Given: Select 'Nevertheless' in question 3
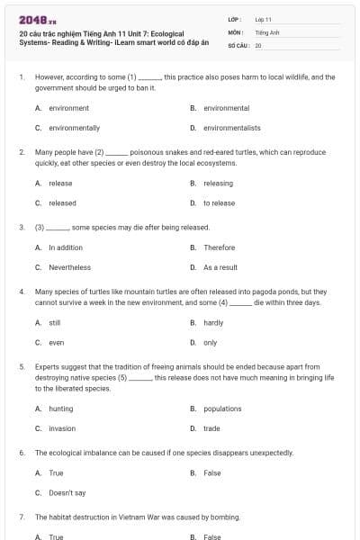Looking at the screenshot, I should [x=69, y=267].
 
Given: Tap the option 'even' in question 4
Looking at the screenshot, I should [x=56, y=343].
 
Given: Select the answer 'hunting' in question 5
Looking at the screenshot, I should [x=61, y=409].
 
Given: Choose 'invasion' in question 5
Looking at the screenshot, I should [x=62, y=428].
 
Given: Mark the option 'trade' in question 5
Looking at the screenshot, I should [x=211, y=428].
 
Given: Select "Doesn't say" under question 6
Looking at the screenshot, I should [x=67, y=493].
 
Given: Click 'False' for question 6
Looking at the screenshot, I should [x=212, y=472].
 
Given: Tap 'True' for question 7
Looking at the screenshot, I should [x=56, y=537].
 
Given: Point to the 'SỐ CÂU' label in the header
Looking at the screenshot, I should [x=238, y=44].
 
